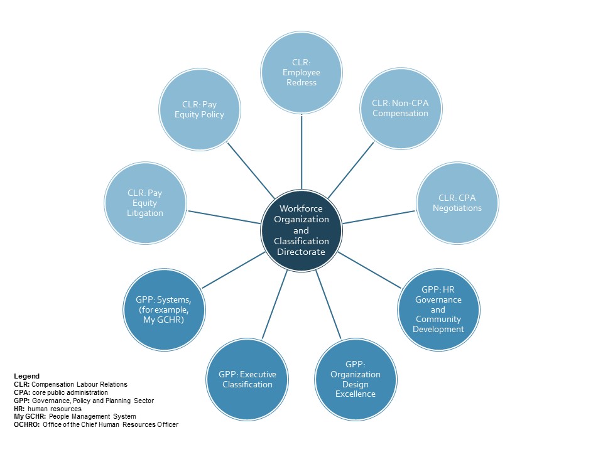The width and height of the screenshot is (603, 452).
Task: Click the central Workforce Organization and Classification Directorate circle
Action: [x=301, y=230]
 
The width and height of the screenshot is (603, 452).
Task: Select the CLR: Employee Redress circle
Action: [x=301, y=72]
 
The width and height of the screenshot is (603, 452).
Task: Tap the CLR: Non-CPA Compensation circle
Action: [x=399, y=108]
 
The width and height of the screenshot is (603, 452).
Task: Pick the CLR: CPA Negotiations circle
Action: [x=457, y=203]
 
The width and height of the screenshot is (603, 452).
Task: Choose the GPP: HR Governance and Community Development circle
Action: [x=438, y=309]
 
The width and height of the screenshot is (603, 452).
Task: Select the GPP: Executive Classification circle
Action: [x=247, y=379]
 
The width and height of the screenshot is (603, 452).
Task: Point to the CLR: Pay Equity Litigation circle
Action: [x=146, y=203]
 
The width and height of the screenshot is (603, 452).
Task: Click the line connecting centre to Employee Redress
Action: [x=301, y=151]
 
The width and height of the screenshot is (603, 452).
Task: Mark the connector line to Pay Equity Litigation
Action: [x=224, y=217]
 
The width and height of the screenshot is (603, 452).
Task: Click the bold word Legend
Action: [x=26, y=376]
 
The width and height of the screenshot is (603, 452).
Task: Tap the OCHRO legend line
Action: [x=96, y=425]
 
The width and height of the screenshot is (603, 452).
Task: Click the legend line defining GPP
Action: [x=84, y=401]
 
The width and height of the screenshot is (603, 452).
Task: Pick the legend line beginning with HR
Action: [x=47, y=409]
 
